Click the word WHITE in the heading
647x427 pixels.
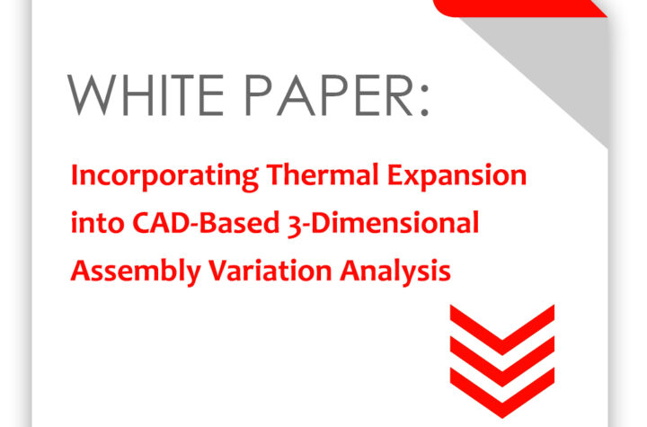coord(146,95)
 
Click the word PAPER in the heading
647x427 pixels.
coord(329,95)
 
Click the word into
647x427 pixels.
coord(97,222)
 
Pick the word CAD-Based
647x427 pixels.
coord(207,222)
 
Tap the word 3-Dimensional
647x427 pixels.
coord(384,223)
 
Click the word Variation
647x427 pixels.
coord(270,270)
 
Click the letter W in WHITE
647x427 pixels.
coord(91,95)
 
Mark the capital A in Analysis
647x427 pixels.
coord(350,270)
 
